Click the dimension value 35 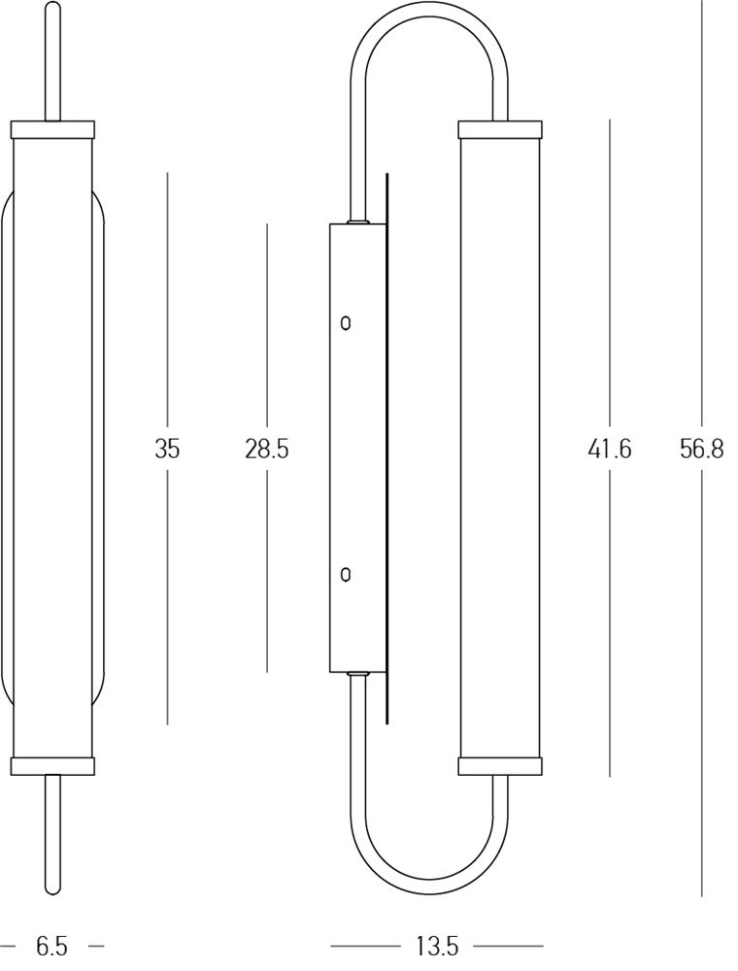coord(167,449)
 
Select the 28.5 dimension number coord(267,449)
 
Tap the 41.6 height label coord(610,448)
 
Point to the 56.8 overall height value coord(701,448)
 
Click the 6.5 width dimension coord(51,945)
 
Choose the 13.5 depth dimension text coord(436,945)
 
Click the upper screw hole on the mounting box coord(347,323)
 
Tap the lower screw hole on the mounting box coord(347,575)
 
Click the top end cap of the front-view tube coord(53,129)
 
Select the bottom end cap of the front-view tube coord(53,765)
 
